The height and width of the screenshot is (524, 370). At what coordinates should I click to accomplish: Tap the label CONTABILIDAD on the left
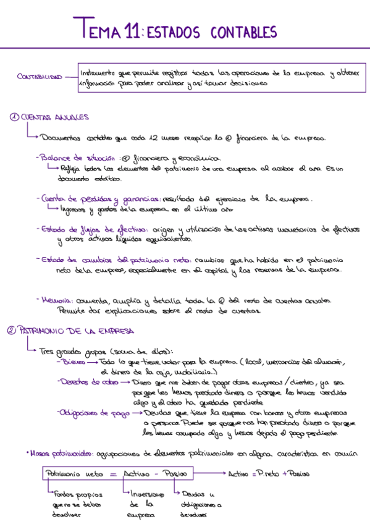40,77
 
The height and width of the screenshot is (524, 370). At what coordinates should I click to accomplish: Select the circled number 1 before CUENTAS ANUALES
14,117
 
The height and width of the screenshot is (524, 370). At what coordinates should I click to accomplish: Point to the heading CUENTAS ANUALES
56,117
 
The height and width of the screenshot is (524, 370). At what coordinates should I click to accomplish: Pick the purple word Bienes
74,361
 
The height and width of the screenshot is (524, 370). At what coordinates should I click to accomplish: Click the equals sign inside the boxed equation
113,474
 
